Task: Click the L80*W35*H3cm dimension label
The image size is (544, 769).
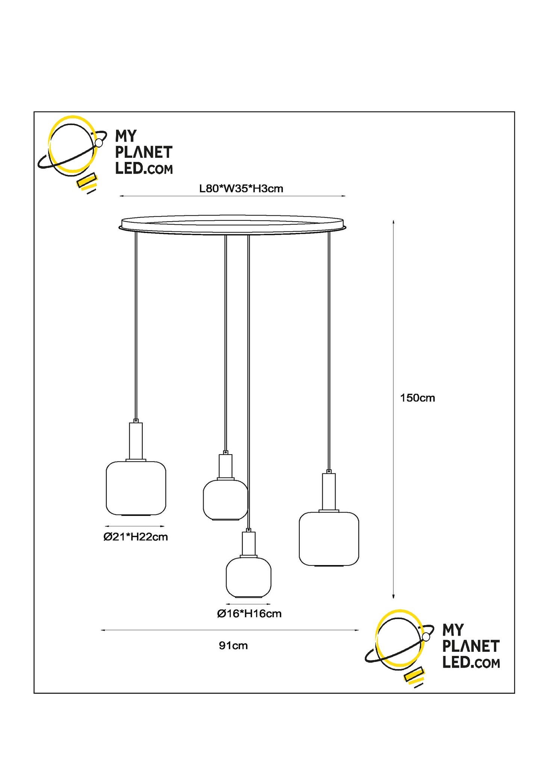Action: click(x=241, y=189)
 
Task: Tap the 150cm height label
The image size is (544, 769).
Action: click(x=417, y=398)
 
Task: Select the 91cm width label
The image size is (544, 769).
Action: click(x=233, y=646)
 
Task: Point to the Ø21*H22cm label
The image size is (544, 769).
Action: click(x=136, y=537)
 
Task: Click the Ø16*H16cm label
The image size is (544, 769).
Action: click(x=249, y=614)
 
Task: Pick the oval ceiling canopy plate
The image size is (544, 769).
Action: click(x=232, y=225)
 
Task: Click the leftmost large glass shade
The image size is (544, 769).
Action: click(x=136, y=488)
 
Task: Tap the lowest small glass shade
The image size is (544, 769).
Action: click(x=248, y=577)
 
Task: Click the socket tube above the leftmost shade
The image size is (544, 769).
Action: click(x=136, y=441)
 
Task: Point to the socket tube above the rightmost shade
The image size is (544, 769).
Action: click(x=329, y=491)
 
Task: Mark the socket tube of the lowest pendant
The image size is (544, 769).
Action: click(x=249, y=543)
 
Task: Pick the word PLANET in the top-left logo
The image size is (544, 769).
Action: click(x=144, y=153)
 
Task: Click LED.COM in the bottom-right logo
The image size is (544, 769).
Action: click(x=471, y=663)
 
